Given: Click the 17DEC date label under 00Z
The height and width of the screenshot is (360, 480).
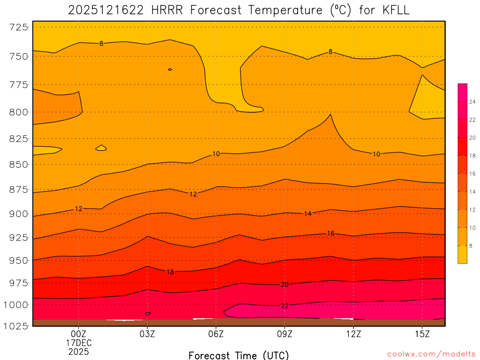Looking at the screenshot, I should pyautogui.click(x=79, y=343).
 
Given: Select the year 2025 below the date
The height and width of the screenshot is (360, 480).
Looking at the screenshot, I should pyautogui.click(x=79, y=351).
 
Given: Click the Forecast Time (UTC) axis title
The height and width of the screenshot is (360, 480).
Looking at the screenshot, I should pyautogui.click(x=239, y=355).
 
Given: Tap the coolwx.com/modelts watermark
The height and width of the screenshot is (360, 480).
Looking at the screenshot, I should pyautogui.click(x=431, y=354).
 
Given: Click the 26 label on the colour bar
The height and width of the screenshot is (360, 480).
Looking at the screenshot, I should pyautogui.click(x=472, y=102).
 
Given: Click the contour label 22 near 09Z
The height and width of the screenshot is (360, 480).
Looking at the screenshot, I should pyautogui.click(x=285, y=306).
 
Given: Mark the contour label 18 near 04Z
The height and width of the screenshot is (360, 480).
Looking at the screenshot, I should pyautogui.click(x=170, y=272).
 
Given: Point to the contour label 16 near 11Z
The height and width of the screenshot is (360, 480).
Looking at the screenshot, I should pyautogui.click(x=330, y=233).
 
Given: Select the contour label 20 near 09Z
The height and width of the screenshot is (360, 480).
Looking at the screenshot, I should pyautogui.click(x=285, y=285).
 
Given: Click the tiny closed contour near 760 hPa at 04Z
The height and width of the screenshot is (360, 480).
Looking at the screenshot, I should pyautogui.click(x=170, y=69).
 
